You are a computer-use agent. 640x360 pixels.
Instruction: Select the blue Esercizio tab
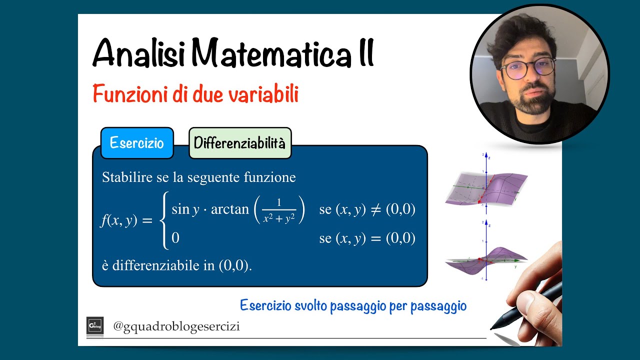tap(136, 143)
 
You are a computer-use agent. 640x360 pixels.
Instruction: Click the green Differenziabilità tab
tap(239, 143)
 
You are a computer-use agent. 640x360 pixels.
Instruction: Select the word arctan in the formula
tap(230, 209)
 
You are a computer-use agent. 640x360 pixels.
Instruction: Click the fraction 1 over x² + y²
tap(278, 210)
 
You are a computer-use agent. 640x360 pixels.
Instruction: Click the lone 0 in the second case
tap(175, 238)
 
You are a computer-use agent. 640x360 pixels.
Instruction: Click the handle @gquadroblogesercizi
tap(176, 326)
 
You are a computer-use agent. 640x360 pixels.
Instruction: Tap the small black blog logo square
tap(95, 325)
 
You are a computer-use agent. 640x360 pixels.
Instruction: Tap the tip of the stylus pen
tap(492, 328)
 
